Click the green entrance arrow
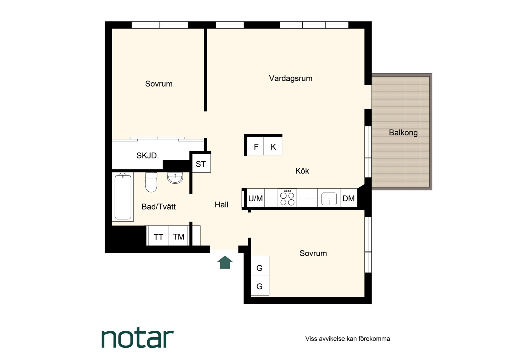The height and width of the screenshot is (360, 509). (225, 262)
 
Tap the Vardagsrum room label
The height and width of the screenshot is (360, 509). (290, 78)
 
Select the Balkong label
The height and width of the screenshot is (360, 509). (403, 133)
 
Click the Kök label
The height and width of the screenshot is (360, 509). (302, 171)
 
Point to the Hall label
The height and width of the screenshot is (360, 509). (222, 205)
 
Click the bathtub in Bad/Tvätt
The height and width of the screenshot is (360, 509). (123, 197)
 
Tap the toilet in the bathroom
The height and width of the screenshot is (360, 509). (151, 182)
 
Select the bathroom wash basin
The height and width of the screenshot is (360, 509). (175, 178)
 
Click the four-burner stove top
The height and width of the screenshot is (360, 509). (287, 198)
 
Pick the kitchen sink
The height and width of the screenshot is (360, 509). (329, 199)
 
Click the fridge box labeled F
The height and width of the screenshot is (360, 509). (255, 146)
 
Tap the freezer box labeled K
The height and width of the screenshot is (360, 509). (273, 146)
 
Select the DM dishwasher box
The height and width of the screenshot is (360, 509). (348, 198)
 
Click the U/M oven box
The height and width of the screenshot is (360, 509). (255, 198)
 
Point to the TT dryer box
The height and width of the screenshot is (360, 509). (158, 236)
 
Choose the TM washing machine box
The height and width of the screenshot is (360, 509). (178, 236)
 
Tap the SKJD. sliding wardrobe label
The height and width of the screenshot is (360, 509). (148, 156)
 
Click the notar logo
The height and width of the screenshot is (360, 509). (138, 339)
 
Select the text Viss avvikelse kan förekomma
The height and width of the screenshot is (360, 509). (348, 339)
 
